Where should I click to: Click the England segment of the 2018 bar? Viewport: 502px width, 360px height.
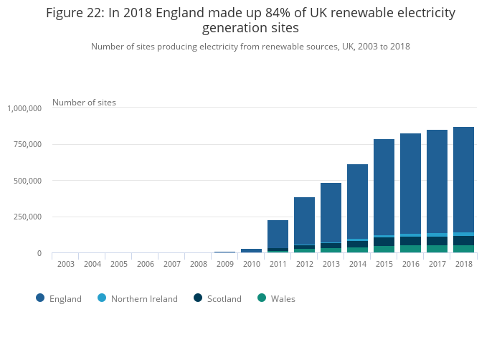(463, 179)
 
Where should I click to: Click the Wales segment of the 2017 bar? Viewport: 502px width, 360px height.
(437, 249)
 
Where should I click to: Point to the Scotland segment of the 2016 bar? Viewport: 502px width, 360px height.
(410, 241)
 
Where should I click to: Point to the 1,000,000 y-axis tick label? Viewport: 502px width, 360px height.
(25, 108)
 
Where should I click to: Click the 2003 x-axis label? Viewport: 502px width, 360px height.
(66, 264)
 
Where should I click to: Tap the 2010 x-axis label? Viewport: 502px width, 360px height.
(251, 264)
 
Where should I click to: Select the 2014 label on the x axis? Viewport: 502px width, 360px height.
(357, 264)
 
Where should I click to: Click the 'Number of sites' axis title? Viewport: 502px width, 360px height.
(84, 103)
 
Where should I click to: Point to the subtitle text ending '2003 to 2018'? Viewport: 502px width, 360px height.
(250, 47)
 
